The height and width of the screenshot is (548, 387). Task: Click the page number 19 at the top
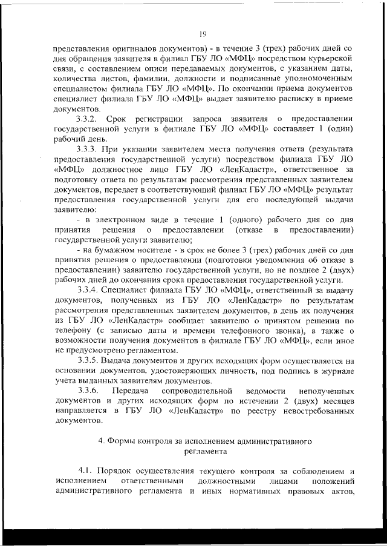coord(203,33)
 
